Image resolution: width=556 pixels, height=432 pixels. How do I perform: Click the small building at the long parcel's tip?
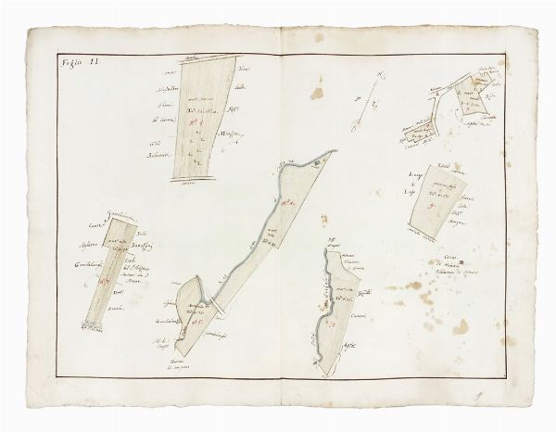[318, 163]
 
